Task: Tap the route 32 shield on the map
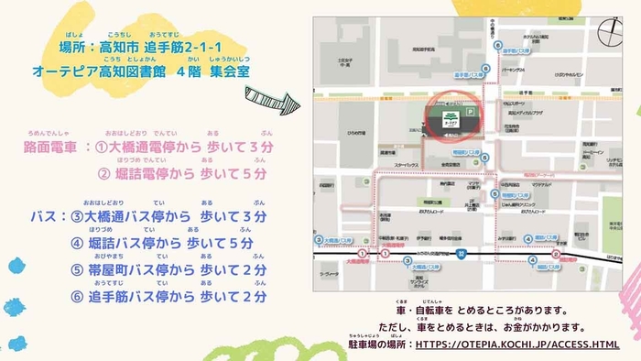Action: (462, 252)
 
